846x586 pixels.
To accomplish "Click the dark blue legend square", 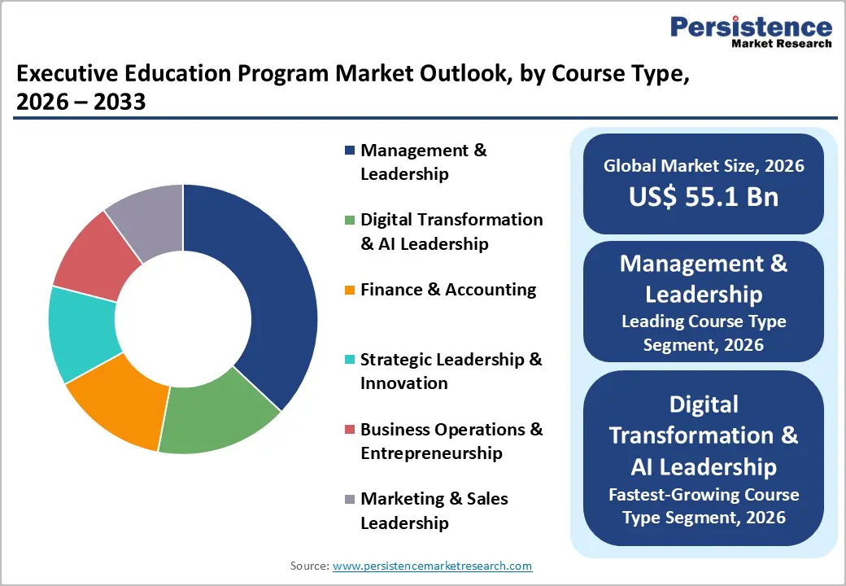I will point(350,151).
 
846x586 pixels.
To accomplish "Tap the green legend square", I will point(350,220).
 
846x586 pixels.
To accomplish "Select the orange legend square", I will point(350,290).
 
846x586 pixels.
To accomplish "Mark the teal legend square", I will point(350,360).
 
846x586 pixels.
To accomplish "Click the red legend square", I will point(350,430).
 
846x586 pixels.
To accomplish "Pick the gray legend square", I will point(350,499).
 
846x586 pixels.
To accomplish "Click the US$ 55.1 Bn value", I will point(704,197).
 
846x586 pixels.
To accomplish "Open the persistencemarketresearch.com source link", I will point(432,566).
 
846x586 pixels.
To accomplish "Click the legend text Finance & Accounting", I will point(448,290).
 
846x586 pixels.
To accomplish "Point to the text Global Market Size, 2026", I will point(704,166).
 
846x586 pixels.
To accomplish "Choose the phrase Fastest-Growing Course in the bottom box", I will point(704,494).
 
